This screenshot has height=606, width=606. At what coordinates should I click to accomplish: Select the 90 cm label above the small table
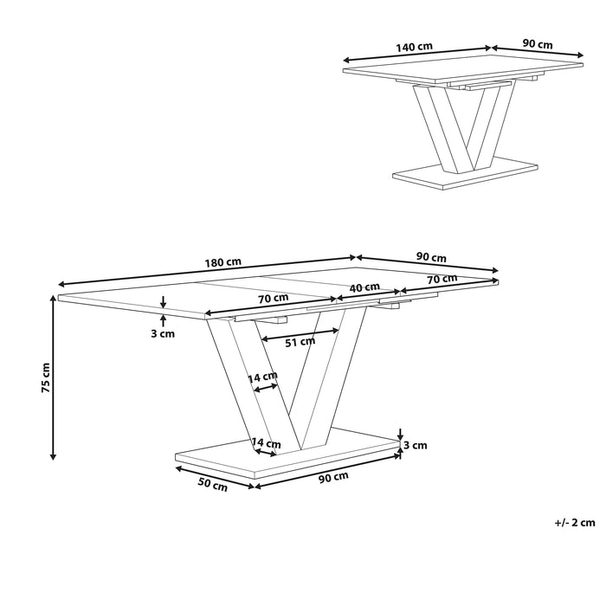[538, 44]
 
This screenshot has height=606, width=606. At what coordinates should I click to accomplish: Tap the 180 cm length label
[223, 262]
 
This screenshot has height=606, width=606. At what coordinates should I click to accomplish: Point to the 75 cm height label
[46, 377]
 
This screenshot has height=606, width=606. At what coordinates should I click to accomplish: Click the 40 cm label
[364, 287]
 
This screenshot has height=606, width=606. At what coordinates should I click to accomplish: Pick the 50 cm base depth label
[213, 487]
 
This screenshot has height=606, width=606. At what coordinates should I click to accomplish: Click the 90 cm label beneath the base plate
[334, 475]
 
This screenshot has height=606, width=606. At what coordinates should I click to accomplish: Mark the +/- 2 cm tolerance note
[575, 522]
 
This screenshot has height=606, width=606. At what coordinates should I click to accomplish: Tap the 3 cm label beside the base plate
[416, 446]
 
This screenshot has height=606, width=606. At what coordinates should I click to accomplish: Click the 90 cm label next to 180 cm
[431, 257]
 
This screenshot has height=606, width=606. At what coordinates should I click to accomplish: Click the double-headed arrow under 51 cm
[299, 332]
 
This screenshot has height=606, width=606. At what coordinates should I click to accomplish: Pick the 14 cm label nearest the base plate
[263, 443]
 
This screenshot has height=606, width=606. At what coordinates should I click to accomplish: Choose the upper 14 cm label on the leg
[263, 377]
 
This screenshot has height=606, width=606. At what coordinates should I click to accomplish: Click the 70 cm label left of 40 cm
[273, 298]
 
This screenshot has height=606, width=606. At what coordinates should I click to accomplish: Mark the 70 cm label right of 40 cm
[442, 279]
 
